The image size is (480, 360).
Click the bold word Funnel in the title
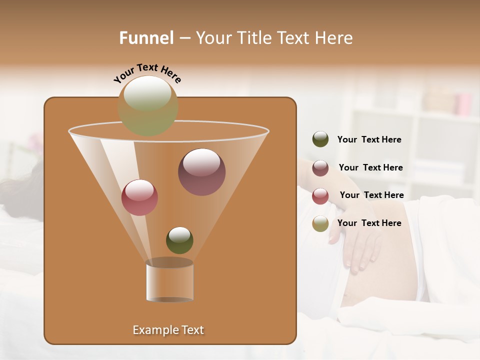(x=146, y=38)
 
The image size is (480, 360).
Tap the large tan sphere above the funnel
(x=148, y=105)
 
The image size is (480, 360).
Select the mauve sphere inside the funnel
(x=201, y=171)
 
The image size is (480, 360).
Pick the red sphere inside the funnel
(x=139, y=197)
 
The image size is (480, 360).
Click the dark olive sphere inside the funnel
(x=179, y=240)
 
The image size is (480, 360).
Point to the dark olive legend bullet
(x=320, y=139)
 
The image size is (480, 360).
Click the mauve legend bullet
(x=320, y=168)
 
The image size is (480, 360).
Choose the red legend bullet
(x=320, y=196)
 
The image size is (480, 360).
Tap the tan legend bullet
(x=320, y=223)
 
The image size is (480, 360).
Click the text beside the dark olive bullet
(x=369, y=139)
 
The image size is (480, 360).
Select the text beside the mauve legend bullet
(x=370, y=167)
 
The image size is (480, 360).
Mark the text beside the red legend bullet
(x=371, y=195)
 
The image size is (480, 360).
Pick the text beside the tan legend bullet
(x=369, y=223)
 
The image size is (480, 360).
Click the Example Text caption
(x=168, y=330)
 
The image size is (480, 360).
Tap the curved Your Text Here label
(x=147, y=72)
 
